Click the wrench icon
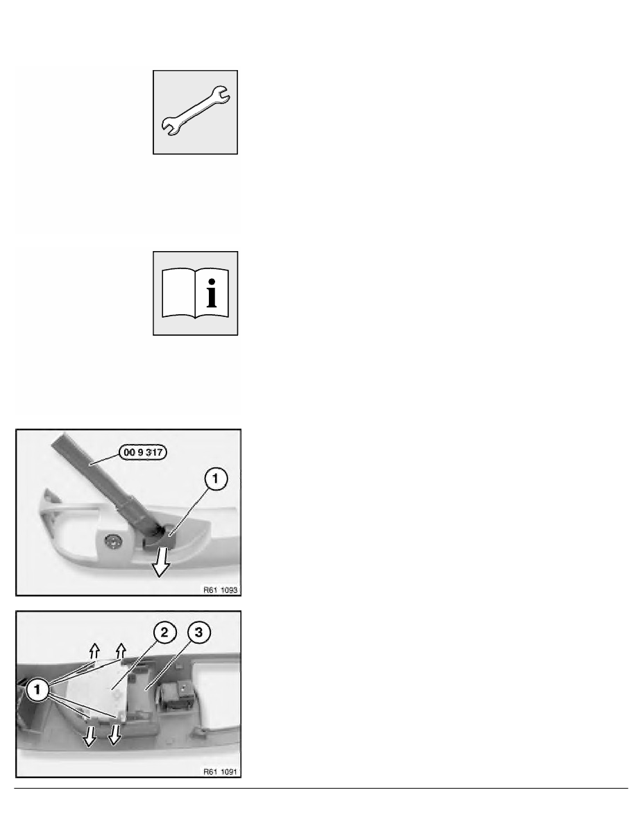[x=195, y=111]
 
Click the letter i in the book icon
[x=212, y=293]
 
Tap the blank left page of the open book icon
[x=178, y=293]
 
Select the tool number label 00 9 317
[x=143, y=452]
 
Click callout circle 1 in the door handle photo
[x=215, y=479]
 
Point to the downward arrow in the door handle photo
[x=160, y=561]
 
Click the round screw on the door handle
[x=112, y=541]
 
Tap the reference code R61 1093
[x=220, y=590]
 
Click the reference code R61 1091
[x=220, y=771]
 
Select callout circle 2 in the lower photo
[x=164, y=632]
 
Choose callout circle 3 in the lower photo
[x=198, y=632]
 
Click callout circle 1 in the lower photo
[x=37, y=689]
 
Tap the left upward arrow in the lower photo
[x=94, y=651]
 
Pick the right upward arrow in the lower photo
[x=121, y=651]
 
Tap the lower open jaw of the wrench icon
[x=170, y=127]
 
